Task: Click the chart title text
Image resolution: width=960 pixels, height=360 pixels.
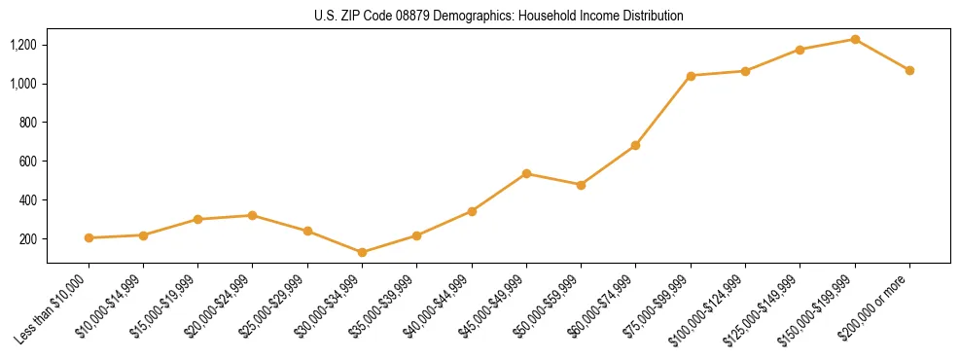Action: [498, 16]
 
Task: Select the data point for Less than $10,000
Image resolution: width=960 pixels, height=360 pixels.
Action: [89, 237]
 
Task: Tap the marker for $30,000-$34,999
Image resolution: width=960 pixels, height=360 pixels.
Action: [362, 252]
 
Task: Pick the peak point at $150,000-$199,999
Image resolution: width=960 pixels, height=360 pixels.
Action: [855, 39]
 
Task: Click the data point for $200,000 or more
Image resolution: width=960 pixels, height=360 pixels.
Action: [909, 70]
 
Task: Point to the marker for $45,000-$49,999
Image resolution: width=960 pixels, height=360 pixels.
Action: [526, 173]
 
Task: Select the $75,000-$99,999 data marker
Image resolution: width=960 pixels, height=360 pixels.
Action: [691, 76]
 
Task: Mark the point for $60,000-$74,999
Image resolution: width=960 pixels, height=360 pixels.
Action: [635, 145]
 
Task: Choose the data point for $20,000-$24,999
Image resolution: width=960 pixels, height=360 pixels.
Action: [253, 215]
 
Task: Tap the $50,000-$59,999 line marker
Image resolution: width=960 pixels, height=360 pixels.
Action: [581, 185]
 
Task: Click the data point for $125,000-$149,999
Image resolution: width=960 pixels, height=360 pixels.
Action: [800, 50]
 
